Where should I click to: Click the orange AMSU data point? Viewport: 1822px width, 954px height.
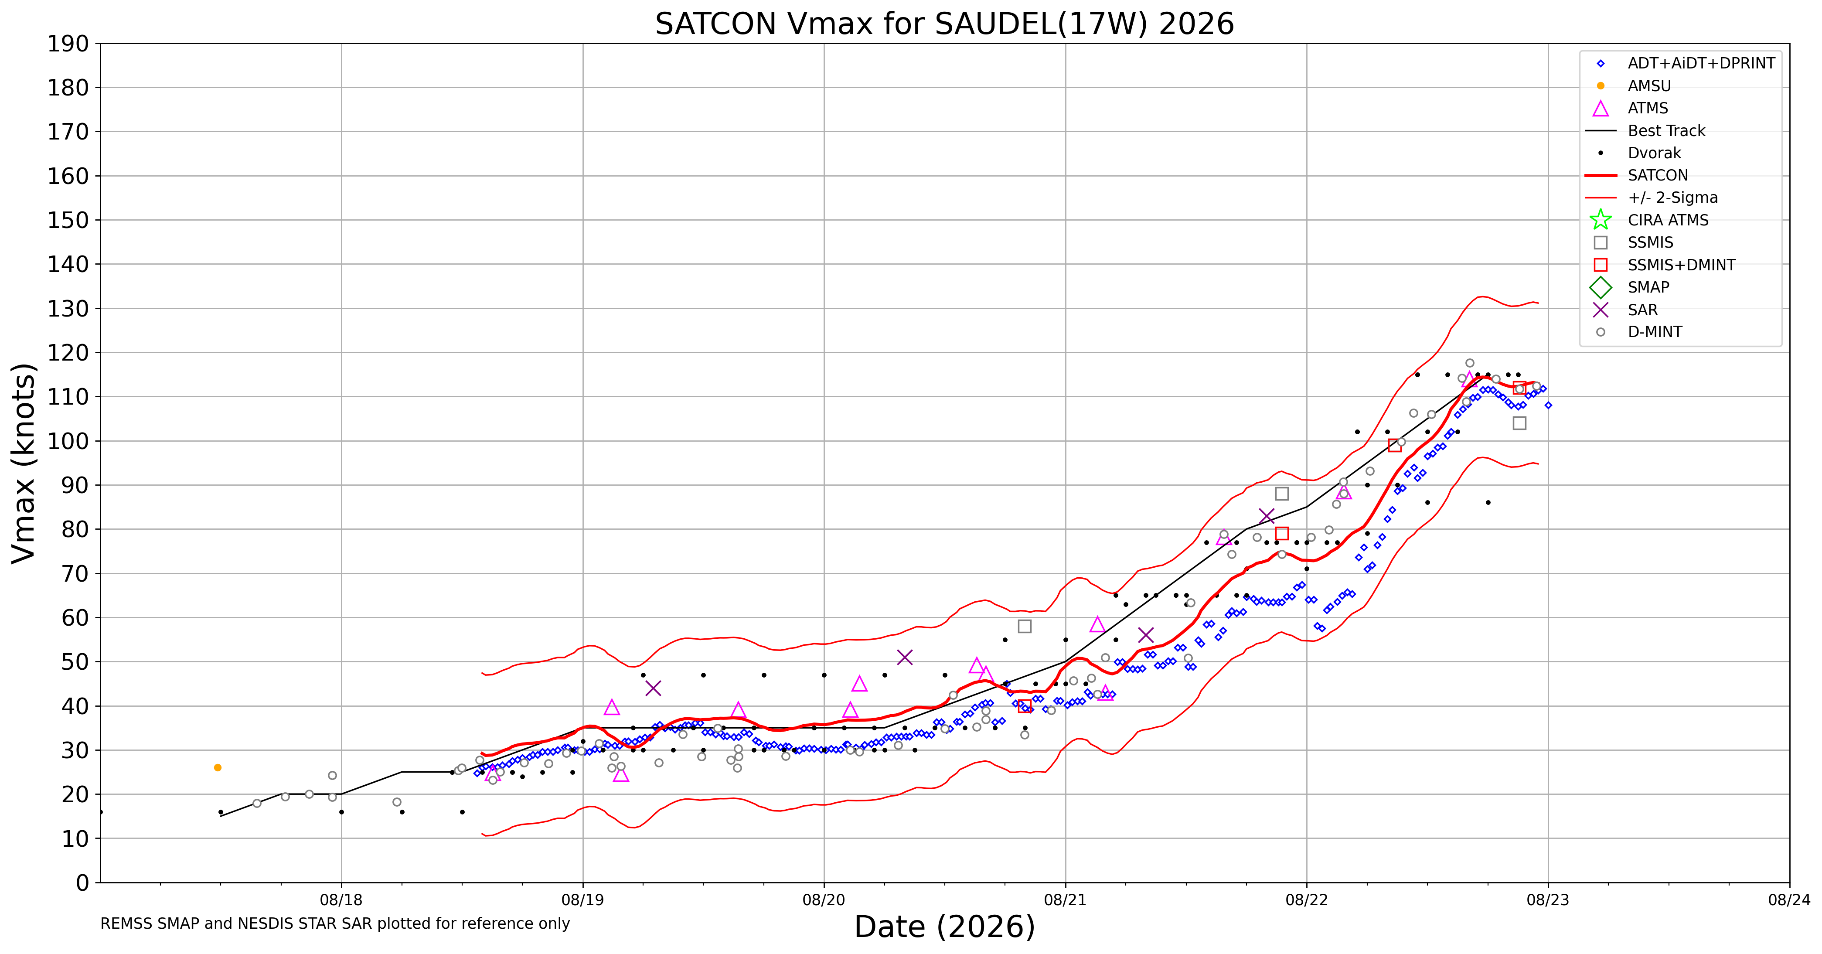[218, 767]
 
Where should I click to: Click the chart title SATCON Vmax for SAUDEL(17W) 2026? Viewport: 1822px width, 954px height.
[944, 24]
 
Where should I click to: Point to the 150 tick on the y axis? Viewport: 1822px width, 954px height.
[68, 220]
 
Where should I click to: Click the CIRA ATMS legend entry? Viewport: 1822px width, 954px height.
[1648, 220]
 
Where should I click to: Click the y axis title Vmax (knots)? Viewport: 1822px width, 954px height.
[24, 463]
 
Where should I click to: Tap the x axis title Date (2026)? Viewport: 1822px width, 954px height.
[944, 927]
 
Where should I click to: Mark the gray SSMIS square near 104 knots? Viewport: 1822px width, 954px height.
[1519, 423]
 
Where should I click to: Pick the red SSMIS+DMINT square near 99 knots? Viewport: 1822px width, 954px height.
[1395, 446]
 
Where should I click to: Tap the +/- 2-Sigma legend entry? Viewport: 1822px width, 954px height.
[1652, 198]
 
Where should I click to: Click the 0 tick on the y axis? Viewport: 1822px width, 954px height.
[83, 882]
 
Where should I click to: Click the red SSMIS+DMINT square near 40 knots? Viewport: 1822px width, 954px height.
[1024, 706]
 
